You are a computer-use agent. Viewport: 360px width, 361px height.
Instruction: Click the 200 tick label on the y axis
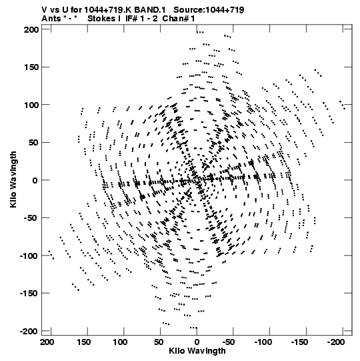[x=31, y=29]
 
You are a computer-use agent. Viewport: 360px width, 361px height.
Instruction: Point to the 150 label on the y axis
[x=31, y=67]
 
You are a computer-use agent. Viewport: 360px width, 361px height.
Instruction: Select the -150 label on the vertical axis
[x=29, y=294]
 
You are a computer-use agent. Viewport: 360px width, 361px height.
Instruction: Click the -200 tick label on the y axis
[x=29, y=331]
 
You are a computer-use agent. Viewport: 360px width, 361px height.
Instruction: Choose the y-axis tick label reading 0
[x=35, y=180]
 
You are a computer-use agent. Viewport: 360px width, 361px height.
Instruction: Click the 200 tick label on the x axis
[x=47, y=342]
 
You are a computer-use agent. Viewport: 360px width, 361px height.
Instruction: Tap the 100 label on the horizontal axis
[x=120, y=342]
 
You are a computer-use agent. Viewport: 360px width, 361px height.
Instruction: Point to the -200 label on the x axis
[x=336, y=342]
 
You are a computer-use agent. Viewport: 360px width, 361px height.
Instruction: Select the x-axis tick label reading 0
[x=197, y=342]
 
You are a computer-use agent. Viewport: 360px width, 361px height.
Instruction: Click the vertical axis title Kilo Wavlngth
[x=13, y=179]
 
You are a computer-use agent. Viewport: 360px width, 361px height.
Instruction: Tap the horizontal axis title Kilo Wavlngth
[x=197, y=350]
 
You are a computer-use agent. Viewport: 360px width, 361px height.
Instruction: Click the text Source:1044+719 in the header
[x=209, y=10]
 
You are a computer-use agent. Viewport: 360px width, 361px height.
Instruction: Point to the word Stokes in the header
[x=102, y=19]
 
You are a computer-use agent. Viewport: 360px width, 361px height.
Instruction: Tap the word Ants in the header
[x=51, y=19]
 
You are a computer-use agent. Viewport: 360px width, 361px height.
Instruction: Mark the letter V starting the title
[x=44, y=10]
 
